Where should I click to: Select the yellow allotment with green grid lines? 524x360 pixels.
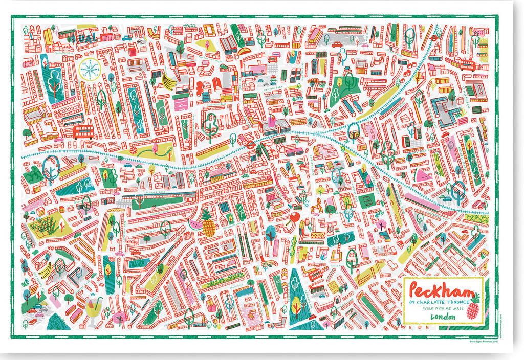[44, 225]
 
